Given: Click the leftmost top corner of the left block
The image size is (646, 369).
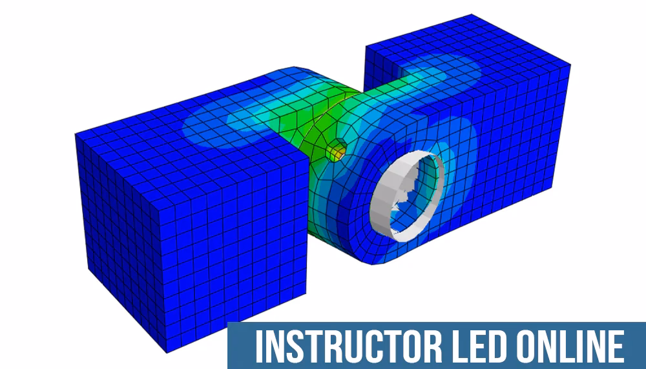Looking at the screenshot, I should click(75, 134).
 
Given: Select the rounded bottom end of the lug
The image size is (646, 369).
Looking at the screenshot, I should click(375, 258).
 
